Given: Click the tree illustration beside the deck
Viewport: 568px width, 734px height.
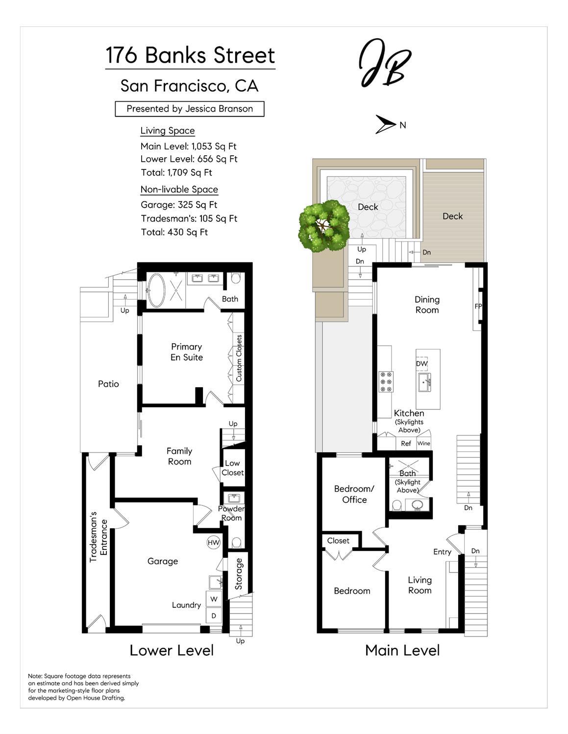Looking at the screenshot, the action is tap(324, 226).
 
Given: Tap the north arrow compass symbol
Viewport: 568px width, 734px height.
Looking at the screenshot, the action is tap(385, 124).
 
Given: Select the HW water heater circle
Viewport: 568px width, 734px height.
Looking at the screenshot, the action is tap(213, 543).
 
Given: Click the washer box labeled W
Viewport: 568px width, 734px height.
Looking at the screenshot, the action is tap(214, 599).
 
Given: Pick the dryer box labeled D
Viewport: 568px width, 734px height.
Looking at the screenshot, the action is tap(214, 616).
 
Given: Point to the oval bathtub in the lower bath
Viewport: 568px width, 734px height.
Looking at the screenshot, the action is tap(156, 290).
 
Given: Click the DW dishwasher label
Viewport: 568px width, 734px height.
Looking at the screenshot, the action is tap(421, 363).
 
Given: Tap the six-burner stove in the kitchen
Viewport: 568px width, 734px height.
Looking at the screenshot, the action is tap(386, 381).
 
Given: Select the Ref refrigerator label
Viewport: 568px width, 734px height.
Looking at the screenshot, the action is tap(406, 443).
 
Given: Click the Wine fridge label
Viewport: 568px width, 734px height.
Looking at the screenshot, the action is tap(423, 443).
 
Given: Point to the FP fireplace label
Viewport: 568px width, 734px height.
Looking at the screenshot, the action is tap(478, 306).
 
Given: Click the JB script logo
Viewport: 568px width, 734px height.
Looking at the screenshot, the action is tap(384, 63).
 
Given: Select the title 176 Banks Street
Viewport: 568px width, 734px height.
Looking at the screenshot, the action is tap(190, 55).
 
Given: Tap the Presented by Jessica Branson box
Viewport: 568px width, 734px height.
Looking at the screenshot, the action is tap(190, 109).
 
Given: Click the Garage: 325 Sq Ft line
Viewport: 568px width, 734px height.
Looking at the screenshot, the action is tap(179, 205).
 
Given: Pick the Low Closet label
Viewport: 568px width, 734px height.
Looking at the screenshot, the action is tap(233, 468).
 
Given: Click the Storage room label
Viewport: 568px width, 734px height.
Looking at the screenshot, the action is tap(239, 574).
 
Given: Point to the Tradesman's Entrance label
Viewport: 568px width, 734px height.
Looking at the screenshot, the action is tap(98, 537).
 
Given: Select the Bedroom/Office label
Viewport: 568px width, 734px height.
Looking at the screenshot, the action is tap(354, 494).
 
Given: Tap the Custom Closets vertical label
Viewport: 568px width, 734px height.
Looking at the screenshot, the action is tap(239, 358).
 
